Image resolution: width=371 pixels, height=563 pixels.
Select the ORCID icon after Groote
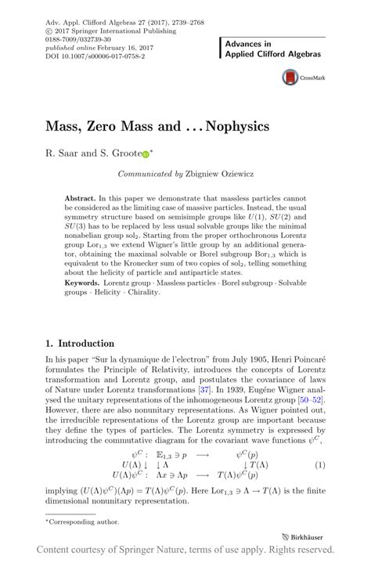[145, 155]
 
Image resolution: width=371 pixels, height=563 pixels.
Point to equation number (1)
[319, 464]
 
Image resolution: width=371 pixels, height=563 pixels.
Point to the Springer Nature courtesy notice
[185, 550]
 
